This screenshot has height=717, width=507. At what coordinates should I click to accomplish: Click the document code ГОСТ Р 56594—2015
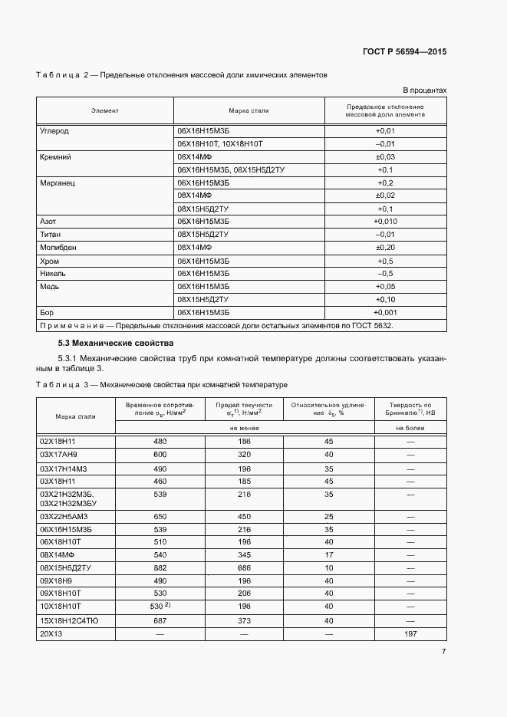[404, 52]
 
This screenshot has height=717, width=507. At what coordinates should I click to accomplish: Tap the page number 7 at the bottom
[443, 651]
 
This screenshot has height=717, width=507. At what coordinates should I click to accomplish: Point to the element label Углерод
[54, 130]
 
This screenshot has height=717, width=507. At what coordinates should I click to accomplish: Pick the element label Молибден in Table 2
[58, 248]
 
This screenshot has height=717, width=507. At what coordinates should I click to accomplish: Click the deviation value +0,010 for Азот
[386, 222]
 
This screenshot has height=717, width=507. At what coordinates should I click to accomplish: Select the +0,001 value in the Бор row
[386, 313]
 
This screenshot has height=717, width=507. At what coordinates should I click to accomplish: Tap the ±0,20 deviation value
[385, 248]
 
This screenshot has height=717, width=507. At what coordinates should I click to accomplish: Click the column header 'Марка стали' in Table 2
[249, 110]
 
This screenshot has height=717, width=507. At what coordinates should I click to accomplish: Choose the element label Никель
[53, 274]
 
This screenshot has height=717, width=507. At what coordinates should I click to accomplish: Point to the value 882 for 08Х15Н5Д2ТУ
[160, 567]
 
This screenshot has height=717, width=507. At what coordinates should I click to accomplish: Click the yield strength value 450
[244, 516]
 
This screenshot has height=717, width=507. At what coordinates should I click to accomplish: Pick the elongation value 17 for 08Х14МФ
[328, 554]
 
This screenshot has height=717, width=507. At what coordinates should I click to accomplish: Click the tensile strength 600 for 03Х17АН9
[160, 455]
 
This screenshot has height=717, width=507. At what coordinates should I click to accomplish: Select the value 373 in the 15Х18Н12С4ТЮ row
[244, 620]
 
